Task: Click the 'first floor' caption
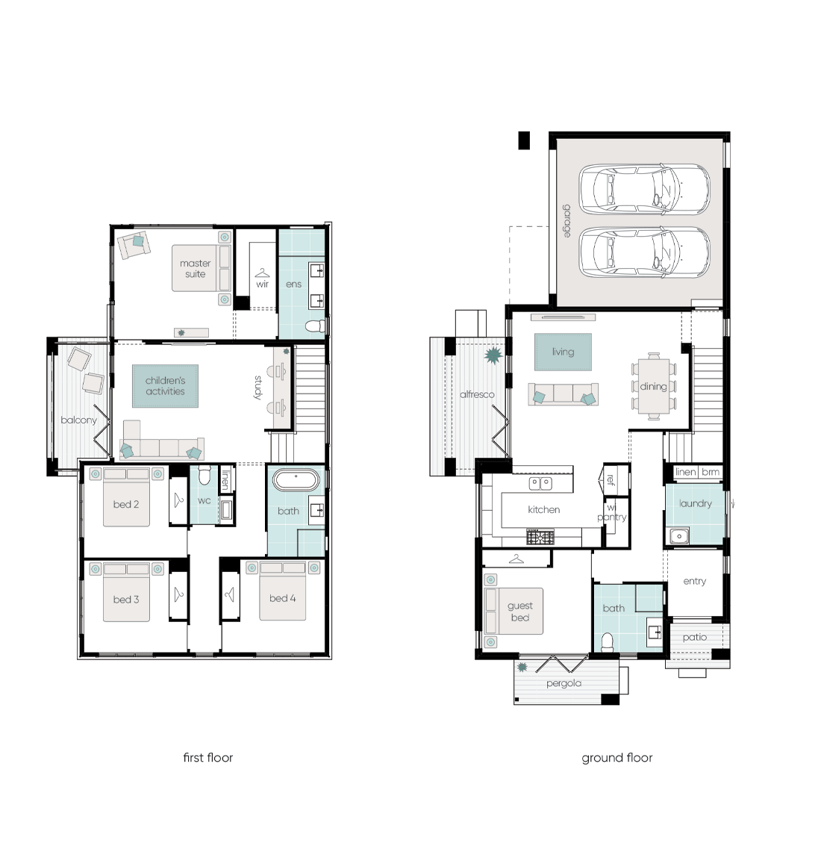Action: point(207,757)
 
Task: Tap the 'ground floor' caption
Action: point(617,758)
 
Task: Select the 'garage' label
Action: point(567,221)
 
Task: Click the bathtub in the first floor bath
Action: point(296,480)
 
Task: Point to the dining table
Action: point(654,386)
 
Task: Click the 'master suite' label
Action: point(195,269)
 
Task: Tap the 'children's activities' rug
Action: point(165,386)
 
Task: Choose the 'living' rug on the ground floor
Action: point(563,352)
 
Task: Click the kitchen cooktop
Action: point(540,537)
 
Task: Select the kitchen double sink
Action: point(540,483)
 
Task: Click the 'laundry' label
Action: point(695,504)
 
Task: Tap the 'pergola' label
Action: point(564,684)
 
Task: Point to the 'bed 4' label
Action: point(282,598)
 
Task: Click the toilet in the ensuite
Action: point(314,326)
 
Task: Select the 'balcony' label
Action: point(78,420)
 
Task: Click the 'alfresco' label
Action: point(477,394)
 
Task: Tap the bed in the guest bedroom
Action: point(513,612)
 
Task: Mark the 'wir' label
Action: point(262,284)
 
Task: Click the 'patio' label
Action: point(695,637)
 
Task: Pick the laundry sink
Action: point(679,536)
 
